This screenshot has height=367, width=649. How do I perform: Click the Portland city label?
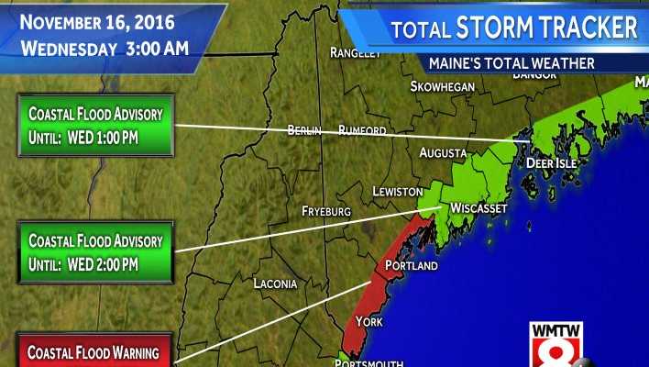(412, 266)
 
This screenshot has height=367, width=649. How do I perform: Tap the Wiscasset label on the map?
(478, 209)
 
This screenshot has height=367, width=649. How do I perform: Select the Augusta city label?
(443, 153)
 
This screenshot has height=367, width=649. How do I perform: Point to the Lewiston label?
(397, 191)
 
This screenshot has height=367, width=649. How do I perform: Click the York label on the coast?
(368, 322)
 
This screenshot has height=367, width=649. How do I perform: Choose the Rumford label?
(362, 130)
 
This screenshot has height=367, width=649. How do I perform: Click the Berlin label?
(304, 130)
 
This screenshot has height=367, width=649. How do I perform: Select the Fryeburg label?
(326, 211)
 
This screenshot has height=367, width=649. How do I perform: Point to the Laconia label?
(275, 284)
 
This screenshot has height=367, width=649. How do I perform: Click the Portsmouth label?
(368, 362)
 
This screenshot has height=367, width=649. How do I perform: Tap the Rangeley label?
(355, 53)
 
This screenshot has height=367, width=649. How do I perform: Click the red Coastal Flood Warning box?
(94, 351)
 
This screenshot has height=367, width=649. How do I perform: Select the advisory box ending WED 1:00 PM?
(95, 125)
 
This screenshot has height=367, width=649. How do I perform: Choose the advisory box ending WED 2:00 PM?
(95, 252)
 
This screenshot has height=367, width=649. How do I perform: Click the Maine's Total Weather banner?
(511, 63)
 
